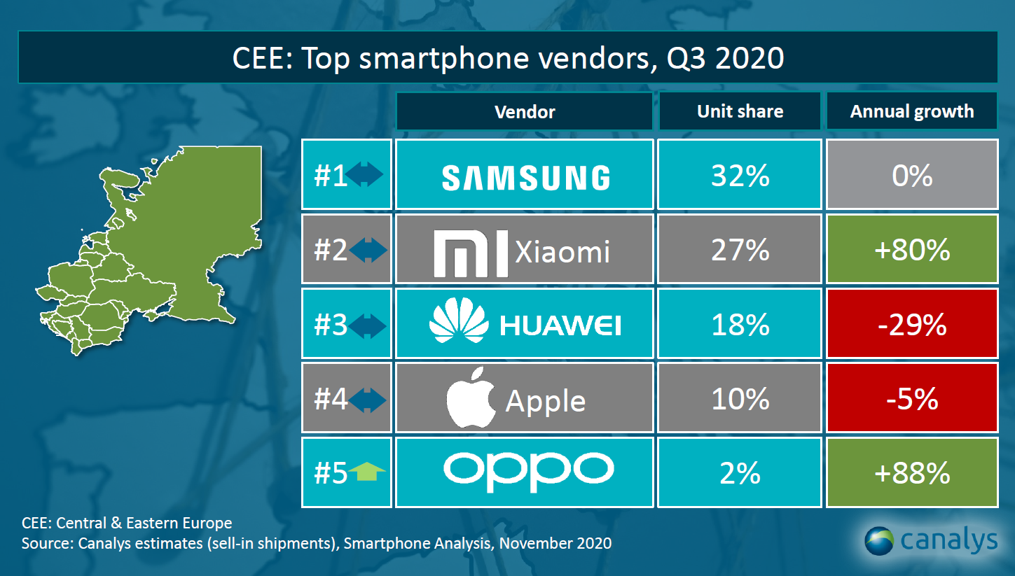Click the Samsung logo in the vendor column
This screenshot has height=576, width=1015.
(x=525, y=178)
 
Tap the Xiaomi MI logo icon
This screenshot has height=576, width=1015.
(x=470, y=252)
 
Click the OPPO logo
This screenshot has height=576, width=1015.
(x=528, y=469)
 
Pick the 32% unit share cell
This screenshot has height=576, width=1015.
(x=740, y=175)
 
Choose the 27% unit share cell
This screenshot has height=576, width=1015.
(x=740, y=250)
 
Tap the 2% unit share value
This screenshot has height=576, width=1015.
(x=740, y=473)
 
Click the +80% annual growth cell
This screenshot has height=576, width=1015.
(x=912, y=250)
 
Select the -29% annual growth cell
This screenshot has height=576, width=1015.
(x=912, y=325)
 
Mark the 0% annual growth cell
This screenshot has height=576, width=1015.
(x=912, y=175)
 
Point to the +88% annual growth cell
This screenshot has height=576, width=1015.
(x=912, y=473)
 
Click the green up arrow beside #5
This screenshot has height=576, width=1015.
(x=368, y=474)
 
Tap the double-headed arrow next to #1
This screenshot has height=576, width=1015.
(x=367, y=176)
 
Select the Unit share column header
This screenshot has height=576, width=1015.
(x=740, y=111)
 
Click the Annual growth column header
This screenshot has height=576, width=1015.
(x=912, y=111)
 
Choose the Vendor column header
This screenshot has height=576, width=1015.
(x=525, y=111)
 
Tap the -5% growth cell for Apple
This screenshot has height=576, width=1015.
(x=912, y=399)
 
